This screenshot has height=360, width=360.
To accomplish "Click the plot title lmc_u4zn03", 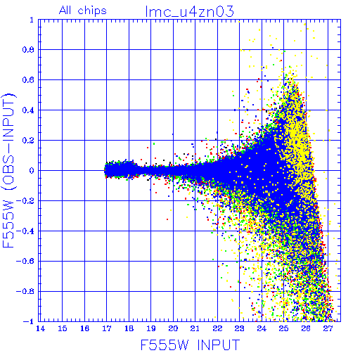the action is (x=189, y=12).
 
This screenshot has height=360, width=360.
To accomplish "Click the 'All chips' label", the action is (x=83, y=11).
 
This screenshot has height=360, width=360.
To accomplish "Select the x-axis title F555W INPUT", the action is (x=191, y=345).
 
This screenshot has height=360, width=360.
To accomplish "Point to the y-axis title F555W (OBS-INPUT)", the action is (x=8, y=170).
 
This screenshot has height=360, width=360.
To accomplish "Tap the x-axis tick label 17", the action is (x=107, y=328).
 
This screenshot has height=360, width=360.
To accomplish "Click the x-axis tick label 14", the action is (x=40, y=328).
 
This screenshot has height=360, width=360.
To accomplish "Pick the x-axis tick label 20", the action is (x=173, y=328).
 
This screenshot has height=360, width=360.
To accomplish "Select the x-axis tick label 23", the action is (x=239, y=328).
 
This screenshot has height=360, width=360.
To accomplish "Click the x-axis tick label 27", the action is (x=328, y=328).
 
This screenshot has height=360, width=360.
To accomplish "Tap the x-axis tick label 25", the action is (x=283, y=328).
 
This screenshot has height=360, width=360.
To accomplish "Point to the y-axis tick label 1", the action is (x=32, y=20).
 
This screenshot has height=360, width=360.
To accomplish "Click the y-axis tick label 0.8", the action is (x=28, y=50).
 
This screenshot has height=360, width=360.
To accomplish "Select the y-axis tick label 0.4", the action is (x=28, y=110).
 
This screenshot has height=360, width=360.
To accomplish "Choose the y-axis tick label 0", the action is (x=32, y=170).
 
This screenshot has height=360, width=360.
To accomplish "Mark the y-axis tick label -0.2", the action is (x=25, y=201).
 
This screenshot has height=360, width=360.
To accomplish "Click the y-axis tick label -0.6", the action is (x=25, y=261).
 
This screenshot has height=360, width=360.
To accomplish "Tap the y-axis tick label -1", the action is (x=29, y=321).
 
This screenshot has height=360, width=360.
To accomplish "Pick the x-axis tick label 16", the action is (x=84, y=328).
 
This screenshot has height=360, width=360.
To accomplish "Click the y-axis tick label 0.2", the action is (x=28, y=141).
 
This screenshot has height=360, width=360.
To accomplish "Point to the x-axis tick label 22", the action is (x=217, y=328).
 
